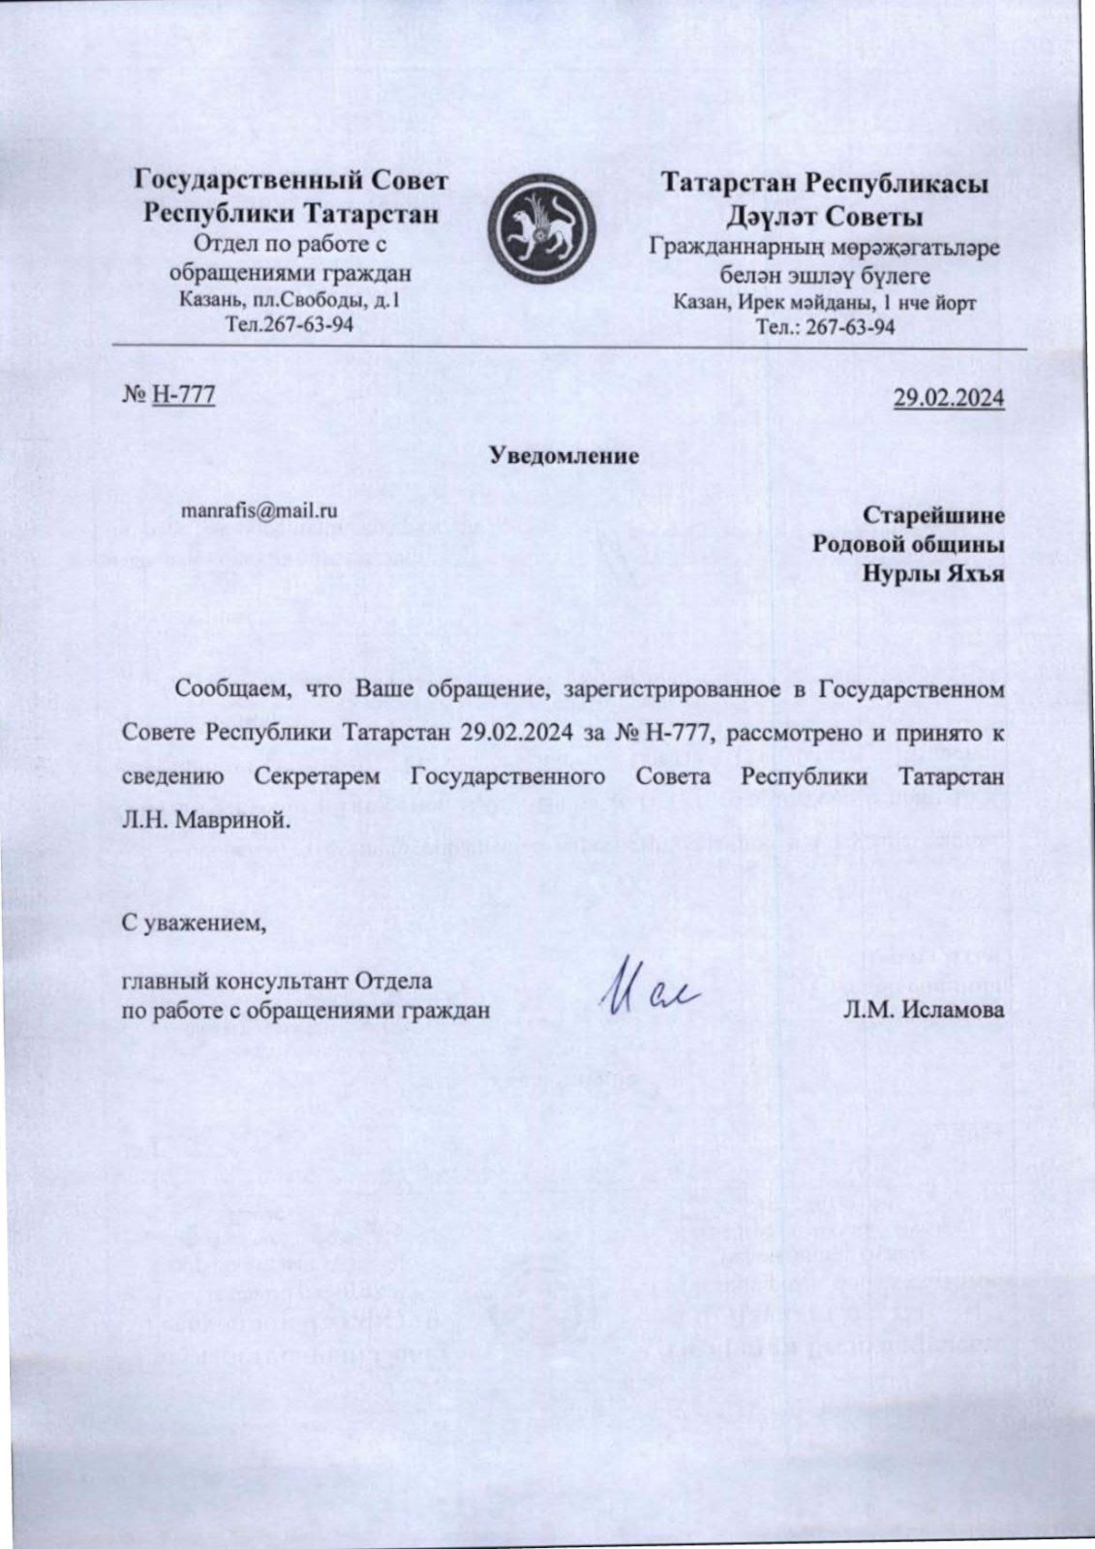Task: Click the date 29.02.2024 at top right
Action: tap(948, 398)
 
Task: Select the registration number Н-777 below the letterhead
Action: tap(183, 394)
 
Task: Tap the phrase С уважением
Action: tap(194, 923)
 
